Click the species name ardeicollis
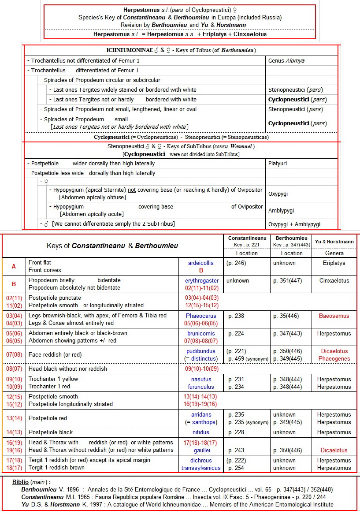[200, 263]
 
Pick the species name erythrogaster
[201, 281]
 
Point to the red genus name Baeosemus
[334, 316]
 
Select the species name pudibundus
[201, 351]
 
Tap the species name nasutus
[201, 380]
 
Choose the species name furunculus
[201, 387]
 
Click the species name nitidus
[201, 433]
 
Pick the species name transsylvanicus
[201, 468]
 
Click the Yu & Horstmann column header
[334, 242]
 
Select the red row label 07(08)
[14, 355]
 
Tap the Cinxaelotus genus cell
[334, 281]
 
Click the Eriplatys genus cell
[334, 263]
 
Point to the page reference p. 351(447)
[287, 281]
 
